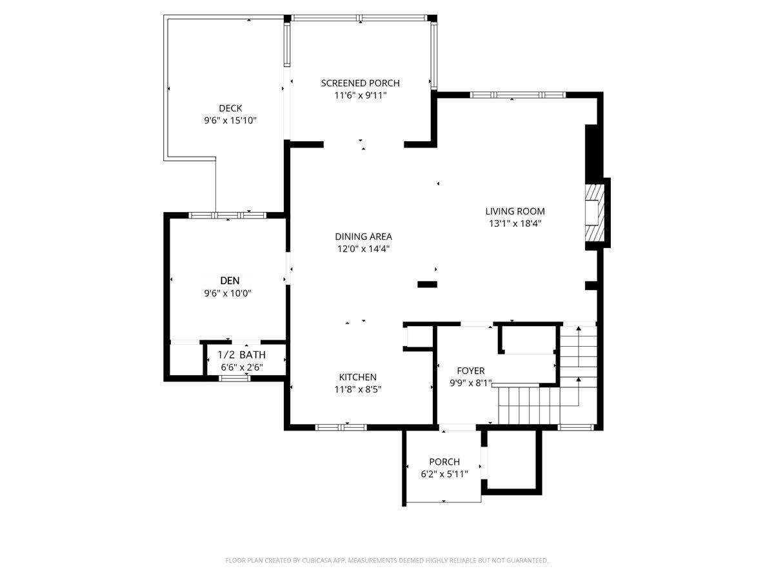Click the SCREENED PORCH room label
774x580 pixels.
tap(360, 83)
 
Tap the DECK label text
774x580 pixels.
tap(230, 108)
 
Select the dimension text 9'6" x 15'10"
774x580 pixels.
tap(230, 121)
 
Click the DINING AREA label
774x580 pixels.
tap(363, 237)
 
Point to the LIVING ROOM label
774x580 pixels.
tap(515, 211)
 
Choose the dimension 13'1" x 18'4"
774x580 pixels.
tap(515, 224)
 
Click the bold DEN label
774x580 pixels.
tap(230, 281)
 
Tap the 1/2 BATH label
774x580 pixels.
tap(241, 354)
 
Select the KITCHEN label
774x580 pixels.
tap(357, 377)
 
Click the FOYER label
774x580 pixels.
tap(470, 371)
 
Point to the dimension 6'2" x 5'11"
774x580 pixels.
tap(444, 474)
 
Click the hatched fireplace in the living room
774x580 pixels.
tap(595, 213)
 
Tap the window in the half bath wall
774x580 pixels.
tap(235, 378)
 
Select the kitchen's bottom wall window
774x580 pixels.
tap(341, 427)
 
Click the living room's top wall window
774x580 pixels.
tap(518, 95)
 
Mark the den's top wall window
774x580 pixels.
tap(228, 215)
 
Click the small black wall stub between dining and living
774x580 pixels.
tap(428, 284)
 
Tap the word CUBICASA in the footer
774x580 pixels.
tap(316, 560)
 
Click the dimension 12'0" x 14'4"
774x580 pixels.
tap(363, 249)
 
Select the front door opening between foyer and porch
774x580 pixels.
tap(457, 427)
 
